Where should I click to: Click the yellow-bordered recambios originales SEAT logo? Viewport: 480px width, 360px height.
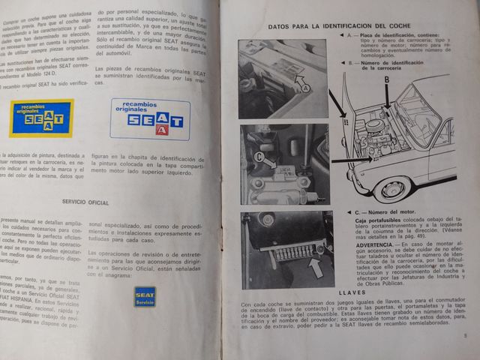click(x=41, y=118)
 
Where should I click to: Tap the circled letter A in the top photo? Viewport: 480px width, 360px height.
click(x=305, y=88)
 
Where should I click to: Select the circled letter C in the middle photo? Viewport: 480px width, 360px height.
click(x=259, y=158)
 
